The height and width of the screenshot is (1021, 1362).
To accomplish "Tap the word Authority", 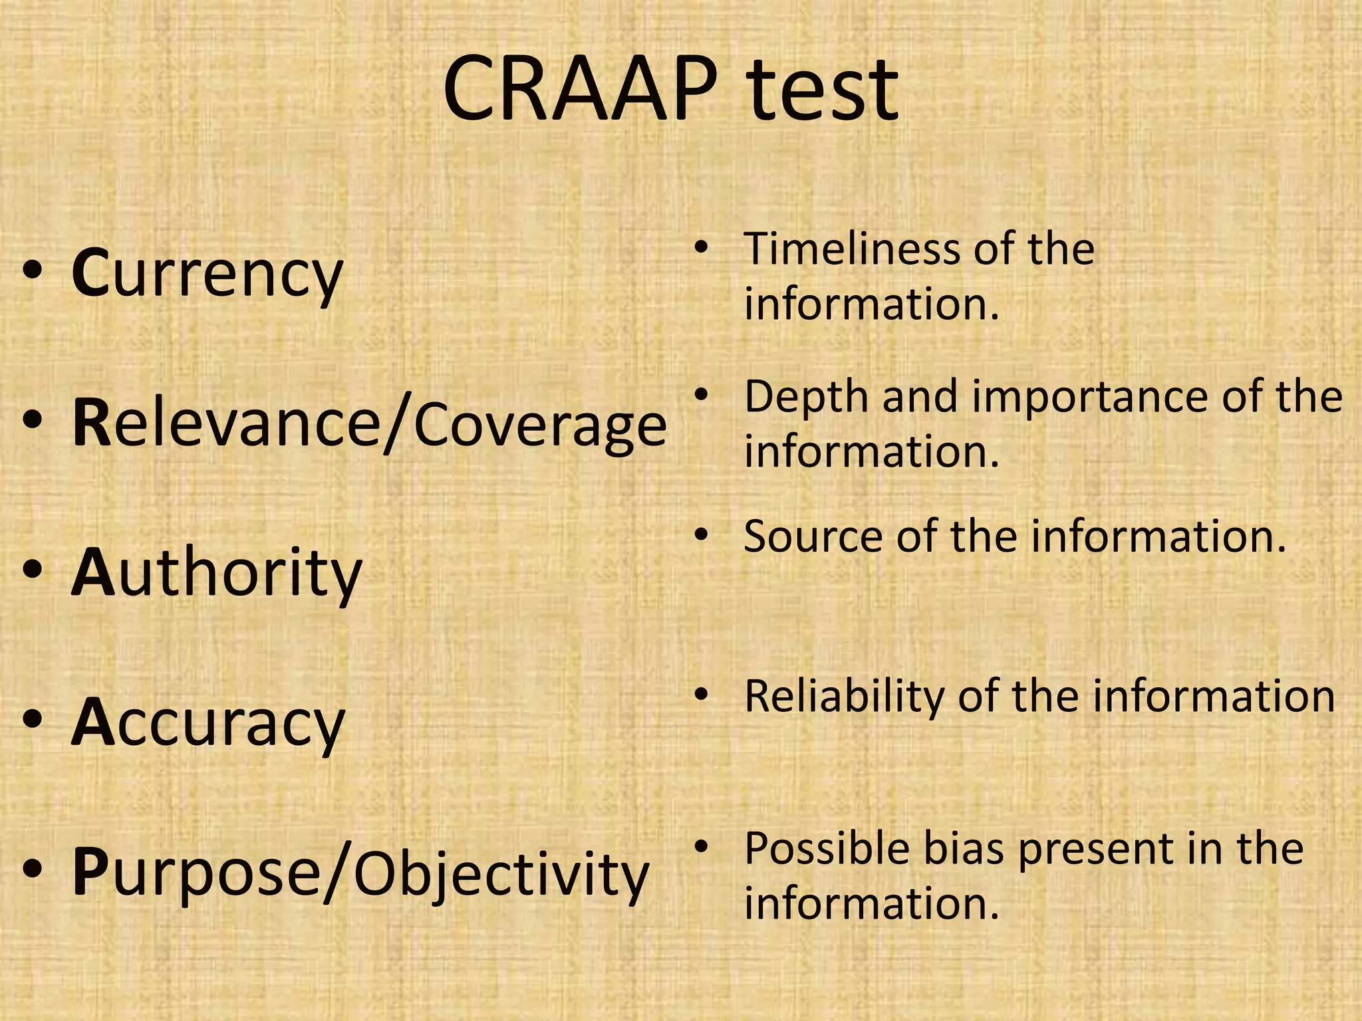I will (216, 572).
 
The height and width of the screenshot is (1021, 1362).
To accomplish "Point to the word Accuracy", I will (208, 723).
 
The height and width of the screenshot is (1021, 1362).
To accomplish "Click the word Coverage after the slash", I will (539, 425).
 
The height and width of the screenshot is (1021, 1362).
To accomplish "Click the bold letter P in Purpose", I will (90, 872).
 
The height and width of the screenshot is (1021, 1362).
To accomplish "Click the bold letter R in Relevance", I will (91, 425).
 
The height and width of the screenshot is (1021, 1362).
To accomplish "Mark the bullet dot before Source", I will (700, 534).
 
